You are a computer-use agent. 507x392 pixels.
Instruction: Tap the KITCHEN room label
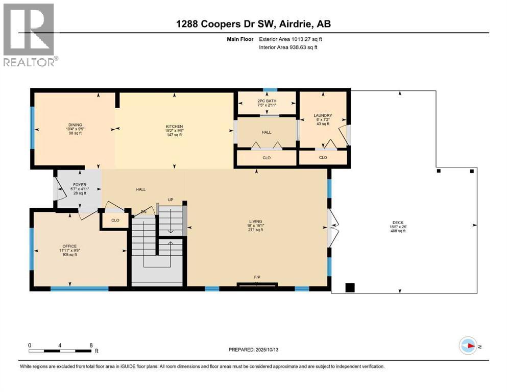pyautogui.click(x=174, y=127)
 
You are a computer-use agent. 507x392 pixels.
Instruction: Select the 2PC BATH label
pyautogui.click(x=267, y=101)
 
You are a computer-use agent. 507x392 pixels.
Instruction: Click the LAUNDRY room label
pyautogui.click(x=323, y=115)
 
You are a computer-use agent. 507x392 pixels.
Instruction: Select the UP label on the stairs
pyautogui.click(x=171, y=200)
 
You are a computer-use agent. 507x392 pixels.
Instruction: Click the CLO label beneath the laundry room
pyautogui.click(x=323, y=158)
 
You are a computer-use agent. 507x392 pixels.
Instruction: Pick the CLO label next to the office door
pyautogui.click(x=115, y=220)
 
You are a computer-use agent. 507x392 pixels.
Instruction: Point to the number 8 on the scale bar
pyautogui.click(x=91, y=345)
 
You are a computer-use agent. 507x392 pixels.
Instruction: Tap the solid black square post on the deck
pyautogui.click(x=350, y=287)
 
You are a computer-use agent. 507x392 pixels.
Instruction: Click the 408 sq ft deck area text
pyautogui.click(x=398, y=230)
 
